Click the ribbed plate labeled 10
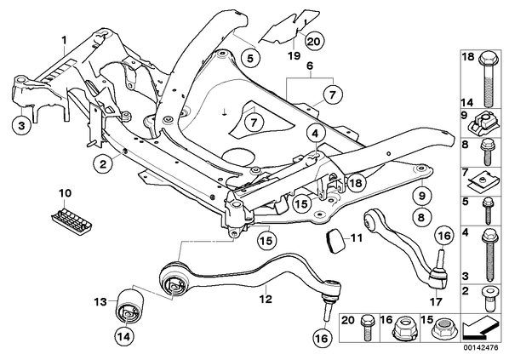[71, 220]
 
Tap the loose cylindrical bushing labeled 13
[130, 305]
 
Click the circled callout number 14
[124, 337]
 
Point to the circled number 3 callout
[21, 125]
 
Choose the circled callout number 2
[103, 164]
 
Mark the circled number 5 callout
[250, 59]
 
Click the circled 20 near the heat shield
[314, 41]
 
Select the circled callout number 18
[356, 183]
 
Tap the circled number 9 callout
[421, 196]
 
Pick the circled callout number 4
[316, 133]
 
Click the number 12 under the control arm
[266, 298]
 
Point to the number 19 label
[295, 55]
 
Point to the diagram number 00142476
[481, 347]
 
